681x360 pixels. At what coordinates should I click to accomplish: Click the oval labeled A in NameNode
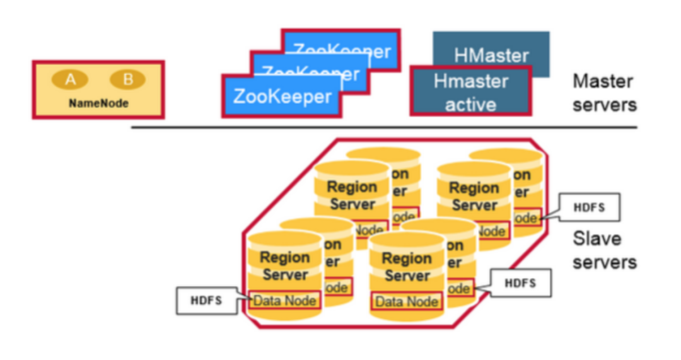tap(71, 79)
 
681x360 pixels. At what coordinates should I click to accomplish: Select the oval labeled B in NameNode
tap(127, 79)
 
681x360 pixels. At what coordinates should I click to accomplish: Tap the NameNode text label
tap(98, 103)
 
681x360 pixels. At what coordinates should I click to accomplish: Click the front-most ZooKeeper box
tap(281, 96)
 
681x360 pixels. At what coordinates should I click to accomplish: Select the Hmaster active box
tap(470, 91)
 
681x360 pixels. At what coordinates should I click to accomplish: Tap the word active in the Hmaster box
tap(470, 103)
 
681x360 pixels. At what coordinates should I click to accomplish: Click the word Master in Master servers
tap(603, 81)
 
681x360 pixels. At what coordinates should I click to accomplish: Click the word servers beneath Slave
tap(604, 262)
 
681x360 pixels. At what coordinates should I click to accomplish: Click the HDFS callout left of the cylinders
tap(206, 300)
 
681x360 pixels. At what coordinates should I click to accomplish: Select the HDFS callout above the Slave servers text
tap(589, 207)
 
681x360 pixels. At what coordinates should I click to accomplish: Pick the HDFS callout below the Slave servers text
tap(520, 283)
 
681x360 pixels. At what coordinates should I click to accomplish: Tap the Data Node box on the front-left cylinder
tap(284, 301)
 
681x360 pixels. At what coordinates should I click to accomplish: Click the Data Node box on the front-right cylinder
tap(406, 301)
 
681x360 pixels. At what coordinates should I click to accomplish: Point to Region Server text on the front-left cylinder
tap(284, 266)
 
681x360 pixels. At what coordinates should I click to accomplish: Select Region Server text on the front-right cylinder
tap(406, 267)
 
